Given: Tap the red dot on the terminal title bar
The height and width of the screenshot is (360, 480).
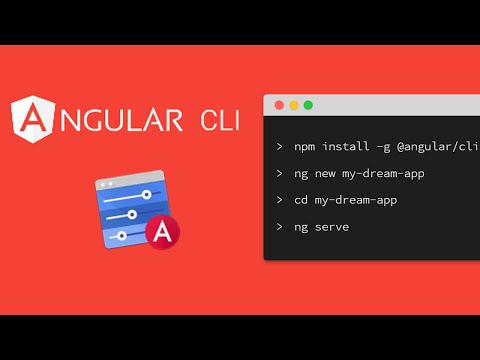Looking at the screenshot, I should (279, 104).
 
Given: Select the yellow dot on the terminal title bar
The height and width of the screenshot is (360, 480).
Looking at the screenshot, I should (294, 104).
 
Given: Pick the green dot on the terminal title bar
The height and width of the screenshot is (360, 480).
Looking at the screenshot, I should (308, 104).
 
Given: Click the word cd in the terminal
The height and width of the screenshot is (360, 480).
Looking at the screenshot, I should (303, 200).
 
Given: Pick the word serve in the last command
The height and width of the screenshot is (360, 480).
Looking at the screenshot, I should (337, 227).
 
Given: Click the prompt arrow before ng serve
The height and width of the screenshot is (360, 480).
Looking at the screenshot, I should (280, 227).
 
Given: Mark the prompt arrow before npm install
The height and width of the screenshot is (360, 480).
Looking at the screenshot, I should (280, 147).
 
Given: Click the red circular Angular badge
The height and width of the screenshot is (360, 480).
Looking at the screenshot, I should (161, 232).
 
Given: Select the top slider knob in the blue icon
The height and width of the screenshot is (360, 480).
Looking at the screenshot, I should (146, 194).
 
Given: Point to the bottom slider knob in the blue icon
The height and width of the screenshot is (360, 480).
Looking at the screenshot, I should (122, 235).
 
